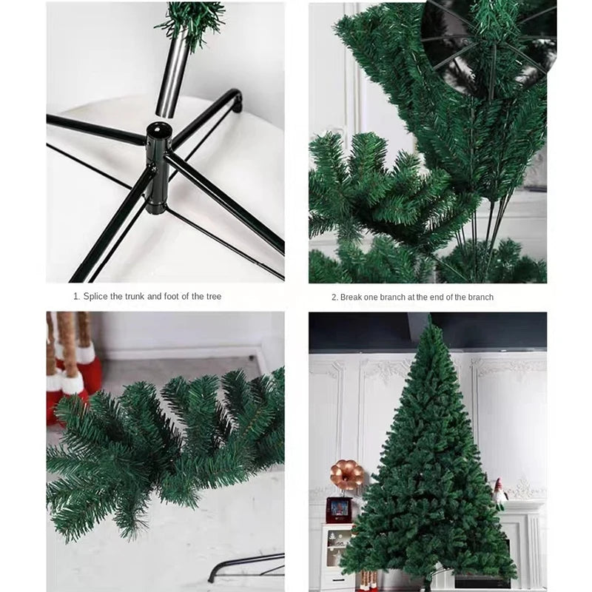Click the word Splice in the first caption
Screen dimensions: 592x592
[x=96, y=297]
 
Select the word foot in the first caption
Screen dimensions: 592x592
[x=178, y=297]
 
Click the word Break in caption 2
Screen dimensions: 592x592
[x=351, y=297]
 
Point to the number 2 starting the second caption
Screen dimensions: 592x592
[x=334, y=297]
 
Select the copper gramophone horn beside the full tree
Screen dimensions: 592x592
[x=346, y=474]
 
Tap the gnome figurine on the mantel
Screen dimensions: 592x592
[x=500, y=492]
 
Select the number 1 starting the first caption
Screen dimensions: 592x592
[x=75, y=297]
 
